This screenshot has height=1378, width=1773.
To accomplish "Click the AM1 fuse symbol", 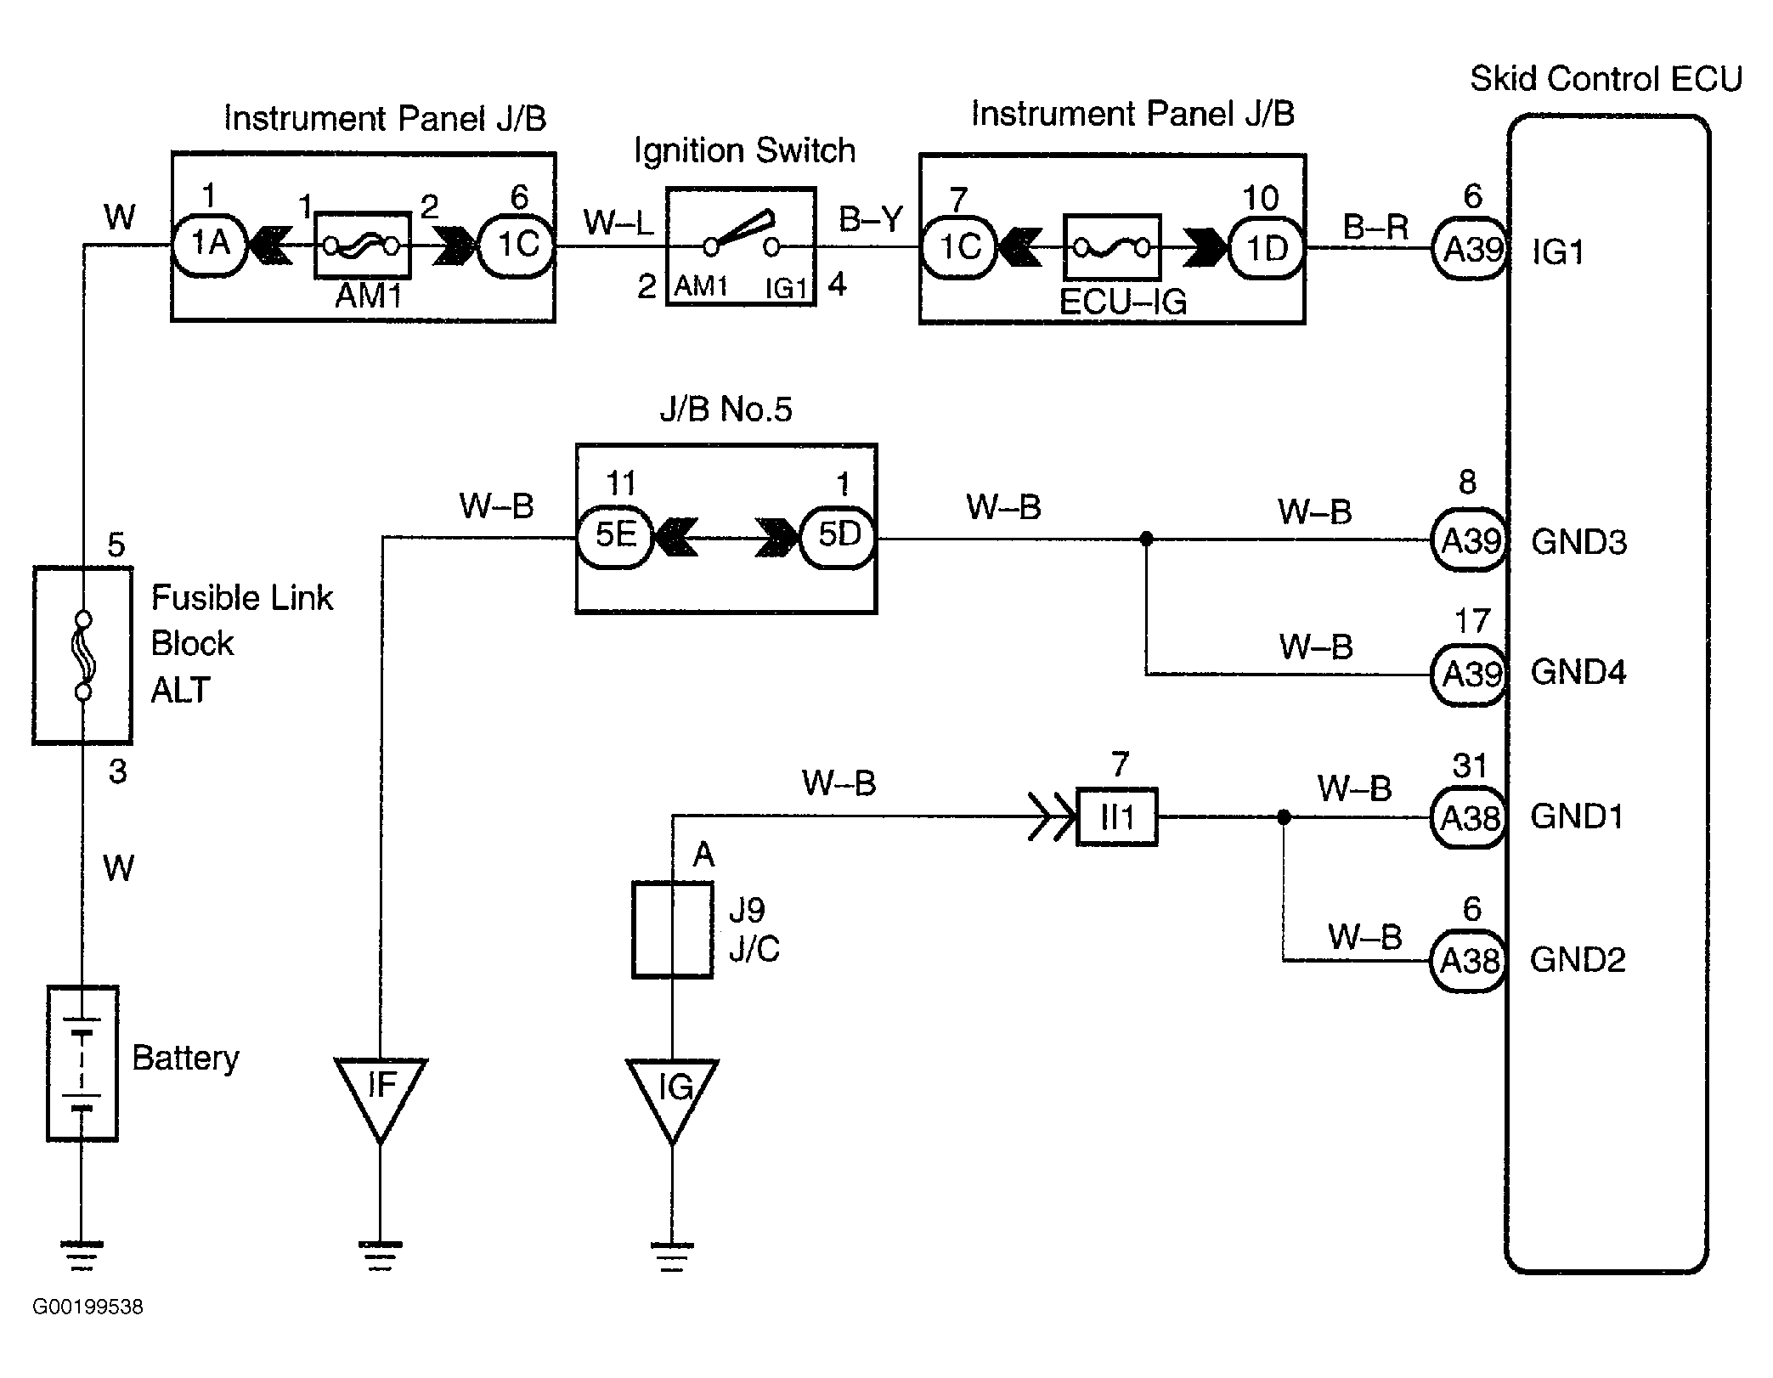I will [363, 246].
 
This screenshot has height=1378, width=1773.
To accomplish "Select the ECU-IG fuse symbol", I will [1111, 247].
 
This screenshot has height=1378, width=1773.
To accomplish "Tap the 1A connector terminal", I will [209, 245].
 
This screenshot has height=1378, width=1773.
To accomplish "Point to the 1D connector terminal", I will [1266, 248].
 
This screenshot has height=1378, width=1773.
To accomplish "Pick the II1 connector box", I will [1116, 817].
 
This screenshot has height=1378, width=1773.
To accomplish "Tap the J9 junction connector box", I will [672, 930].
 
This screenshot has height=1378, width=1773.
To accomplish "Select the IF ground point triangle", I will [381, 1092].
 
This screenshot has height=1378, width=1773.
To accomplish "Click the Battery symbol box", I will [82, 1063].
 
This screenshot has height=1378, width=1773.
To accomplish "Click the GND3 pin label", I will [1578, 541].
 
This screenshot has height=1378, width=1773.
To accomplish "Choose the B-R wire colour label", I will [1375, 227].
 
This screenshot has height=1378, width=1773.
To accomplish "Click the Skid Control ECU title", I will [1605, 79].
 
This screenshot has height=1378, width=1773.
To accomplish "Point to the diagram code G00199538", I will [88, 1307].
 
